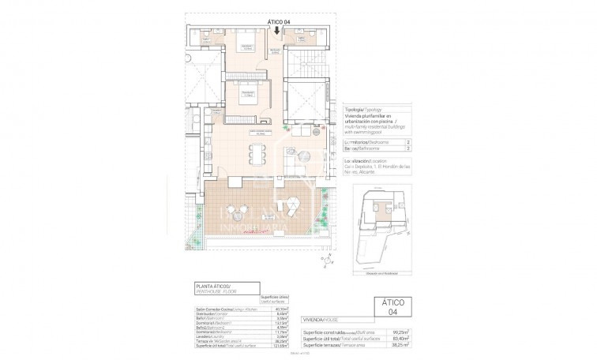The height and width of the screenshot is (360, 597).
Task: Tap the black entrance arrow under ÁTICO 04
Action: pos(276,31)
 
